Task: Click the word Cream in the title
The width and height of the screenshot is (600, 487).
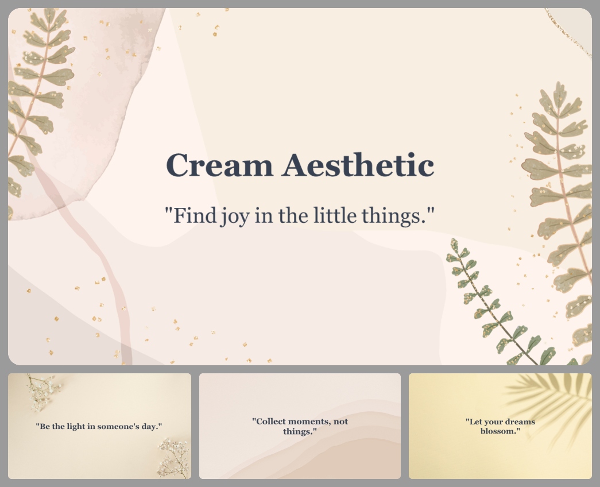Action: click(219, 165)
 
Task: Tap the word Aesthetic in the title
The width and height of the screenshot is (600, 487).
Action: click(358, 165)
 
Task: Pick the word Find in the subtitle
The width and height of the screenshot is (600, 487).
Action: click(193, 216)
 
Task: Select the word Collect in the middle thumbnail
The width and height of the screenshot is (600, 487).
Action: click(271, 422)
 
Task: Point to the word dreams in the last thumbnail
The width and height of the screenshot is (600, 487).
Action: click(519, 422)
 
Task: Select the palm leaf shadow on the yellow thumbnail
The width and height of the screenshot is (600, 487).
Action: click(551, 402)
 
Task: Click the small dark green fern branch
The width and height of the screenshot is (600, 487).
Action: click(494, 304)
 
